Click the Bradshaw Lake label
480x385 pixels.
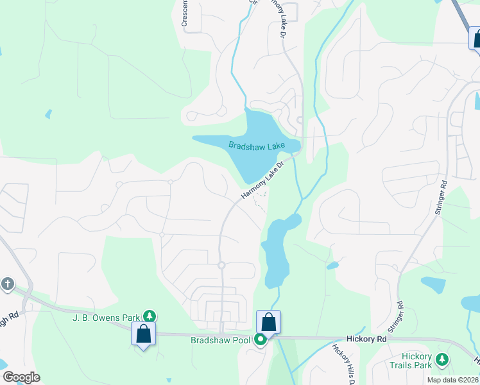click(x=256, y=146)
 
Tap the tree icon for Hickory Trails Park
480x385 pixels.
click(x=442, y=359)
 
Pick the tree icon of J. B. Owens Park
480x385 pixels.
click(x=150, y=316)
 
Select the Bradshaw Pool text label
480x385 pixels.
click(x=220, y=339)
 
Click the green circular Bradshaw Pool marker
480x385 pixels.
click(x=260, y=339)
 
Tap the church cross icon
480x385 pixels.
click(x=7, y=283)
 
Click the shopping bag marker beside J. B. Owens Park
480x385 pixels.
click(x=143, y=334)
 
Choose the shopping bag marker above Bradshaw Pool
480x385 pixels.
click(x=269, y=322)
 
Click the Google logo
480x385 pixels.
click(x=21, y=377)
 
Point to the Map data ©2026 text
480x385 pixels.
click(x=452, y=380)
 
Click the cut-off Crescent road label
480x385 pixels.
click(x=185, y=13)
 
